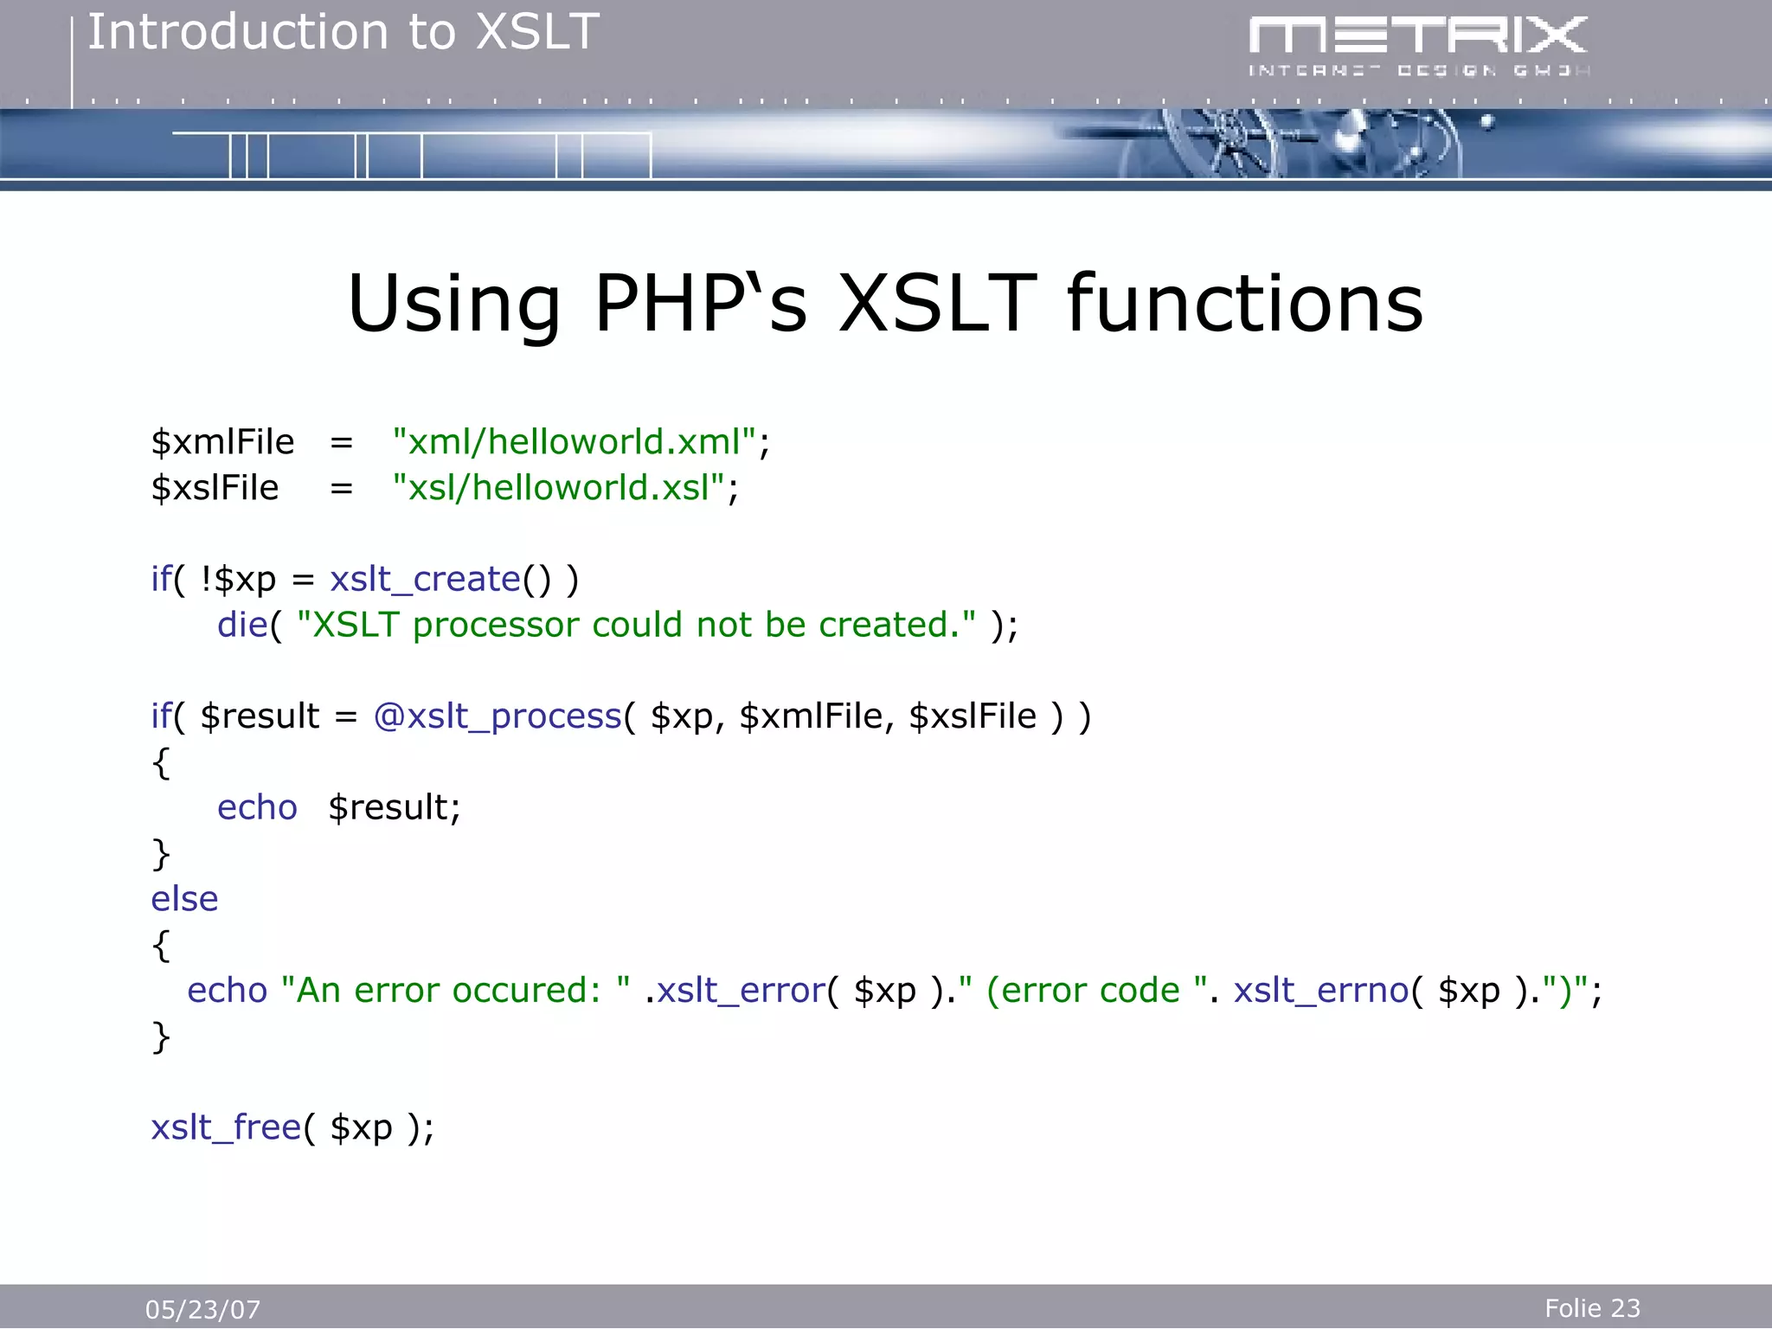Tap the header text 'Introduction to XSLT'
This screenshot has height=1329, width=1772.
[343, 33]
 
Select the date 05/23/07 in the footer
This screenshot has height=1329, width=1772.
[202, 1309]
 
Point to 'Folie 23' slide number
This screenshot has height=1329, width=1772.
[1592, 1307]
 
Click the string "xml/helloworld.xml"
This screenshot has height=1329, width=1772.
[574, 442]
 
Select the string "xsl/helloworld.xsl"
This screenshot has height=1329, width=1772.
[558, 488]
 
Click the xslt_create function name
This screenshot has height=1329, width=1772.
[425, 579]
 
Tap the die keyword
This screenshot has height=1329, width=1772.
[242, 625]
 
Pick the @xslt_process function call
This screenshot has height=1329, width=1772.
[498, 716]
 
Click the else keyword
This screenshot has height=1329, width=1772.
[184, 899]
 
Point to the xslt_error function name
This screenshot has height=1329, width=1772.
[742, 991]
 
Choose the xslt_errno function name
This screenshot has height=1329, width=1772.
[1321, 991]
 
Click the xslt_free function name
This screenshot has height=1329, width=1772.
[226, 1127]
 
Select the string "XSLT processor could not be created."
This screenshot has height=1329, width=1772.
[636, 625]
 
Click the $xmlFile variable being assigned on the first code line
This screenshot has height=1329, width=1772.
[222, 442]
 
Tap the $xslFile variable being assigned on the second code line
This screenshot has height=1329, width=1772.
[215, 488]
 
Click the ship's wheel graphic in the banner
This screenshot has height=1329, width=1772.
[1229, 143]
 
